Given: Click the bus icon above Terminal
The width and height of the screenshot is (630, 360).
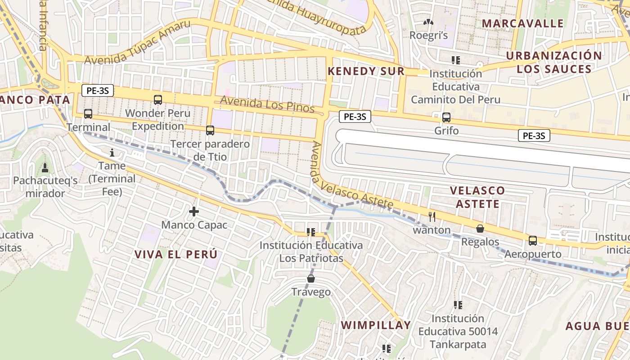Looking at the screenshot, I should (88, 114).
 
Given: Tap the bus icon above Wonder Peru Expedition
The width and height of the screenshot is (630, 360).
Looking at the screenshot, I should (158, 100).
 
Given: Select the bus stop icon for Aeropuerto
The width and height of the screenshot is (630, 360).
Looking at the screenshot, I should (533, 241).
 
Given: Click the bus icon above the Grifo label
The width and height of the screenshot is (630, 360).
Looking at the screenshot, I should (446, 117).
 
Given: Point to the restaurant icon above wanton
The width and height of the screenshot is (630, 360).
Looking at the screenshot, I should (432, 217).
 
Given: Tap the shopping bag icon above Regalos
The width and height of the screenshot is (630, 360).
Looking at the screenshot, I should (480, 229).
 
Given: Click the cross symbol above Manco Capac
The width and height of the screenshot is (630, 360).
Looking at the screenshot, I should (194, 211).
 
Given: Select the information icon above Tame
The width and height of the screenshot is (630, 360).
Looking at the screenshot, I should (112, 153).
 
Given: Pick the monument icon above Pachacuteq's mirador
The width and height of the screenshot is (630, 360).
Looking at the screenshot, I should (45, 168).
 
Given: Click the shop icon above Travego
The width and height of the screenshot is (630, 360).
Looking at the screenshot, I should (310, 279).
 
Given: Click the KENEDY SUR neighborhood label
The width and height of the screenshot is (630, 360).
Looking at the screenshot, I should (366, 71).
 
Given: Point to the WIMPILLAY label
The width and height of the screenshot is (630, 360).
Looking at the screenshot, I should (376, 325).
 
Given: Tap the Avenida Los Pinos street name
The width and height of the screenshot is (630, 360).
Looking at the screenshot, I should (267, 105).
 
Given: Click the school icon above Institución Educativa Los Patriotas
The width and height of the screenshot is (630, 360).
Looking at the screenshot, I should (310, 232).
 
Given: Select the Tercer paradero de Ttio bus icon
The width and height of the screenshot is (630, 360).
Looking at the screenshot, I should (210, 130).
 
